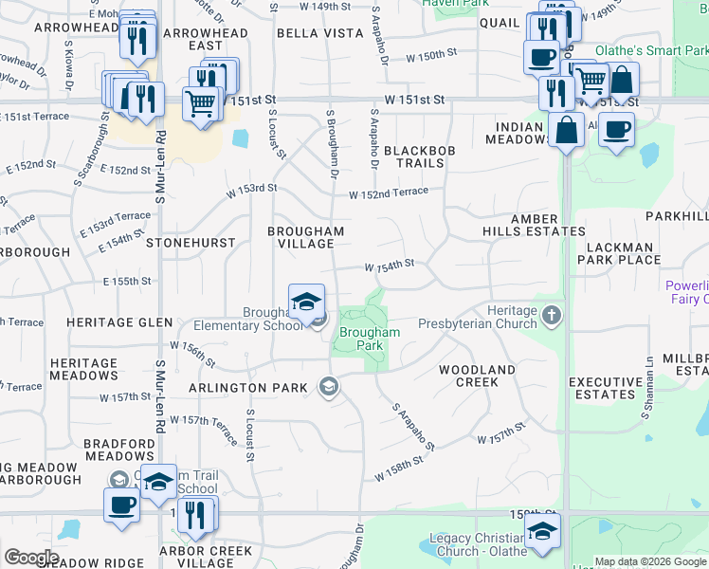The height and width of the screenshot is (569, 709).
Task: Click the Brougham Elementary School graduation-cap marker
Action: [x=306, y=303]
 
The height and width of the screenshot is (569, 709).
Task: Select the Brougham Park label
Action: [x=370, y=340]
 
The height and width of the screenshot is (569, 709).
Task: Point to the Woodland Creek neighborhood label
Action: [x=477, y=376]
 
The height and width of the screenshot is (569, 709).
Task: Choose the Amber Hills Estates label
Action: [x=547, y=225]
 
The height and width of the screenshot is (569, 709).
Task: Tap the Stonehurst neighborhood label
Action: [x=191, y=243]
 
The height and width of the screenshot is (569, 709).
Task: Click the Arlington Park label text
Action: [x=248, y=387]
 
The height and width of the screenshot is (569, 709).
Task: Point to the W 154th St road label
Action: [x=390, y=264]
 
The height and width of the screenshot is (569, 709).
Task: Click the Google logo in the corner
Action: [x=31, y=557]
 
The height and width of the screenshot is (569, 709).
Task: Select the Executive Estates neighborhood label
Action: [x=601, y=388]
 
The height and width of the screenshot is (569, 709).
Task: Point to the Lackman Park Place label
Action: [x=623, y=253]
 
